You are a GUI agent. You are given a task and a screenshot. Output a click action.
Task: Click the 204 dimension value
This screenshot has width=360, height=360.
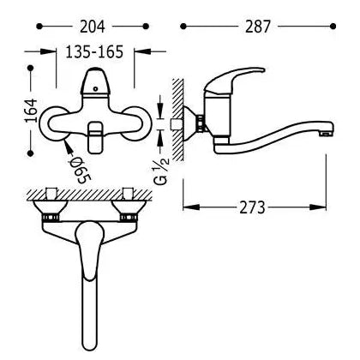pos(93,27)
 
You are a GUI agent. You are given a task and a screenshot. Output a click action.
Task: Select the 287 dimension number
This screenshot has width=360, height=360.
pos(257,27)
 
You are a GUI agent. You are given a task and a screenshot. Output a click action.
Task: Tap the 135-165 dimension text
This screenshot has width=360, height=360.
pos(94,51)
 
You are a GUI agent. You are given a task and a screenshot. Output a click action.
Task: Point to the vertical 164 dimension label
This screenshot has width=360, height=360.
pos(31,111)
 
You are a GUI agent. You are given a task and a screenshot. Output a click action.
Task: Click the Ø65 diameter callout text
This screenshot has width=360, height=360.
pos(79,171)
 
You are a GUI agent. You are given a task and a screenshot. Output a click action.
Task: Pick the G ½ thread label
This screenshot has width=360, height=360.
pos(163,171)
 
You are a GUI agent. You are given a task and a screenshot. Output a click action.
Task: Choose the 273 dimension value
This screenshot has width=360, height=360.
pos(252,207)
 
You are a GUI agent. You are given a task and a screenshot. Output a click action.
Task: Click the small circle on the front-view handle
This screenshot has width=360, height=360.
pos(96,89)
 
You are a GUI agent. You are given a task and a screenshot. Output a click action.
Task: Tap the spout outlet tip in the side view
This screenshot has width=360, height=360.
pos(327,132)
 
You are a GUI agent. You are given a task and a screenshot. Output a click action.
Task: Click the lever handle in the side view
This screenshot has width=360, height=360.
pos(234,79)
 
